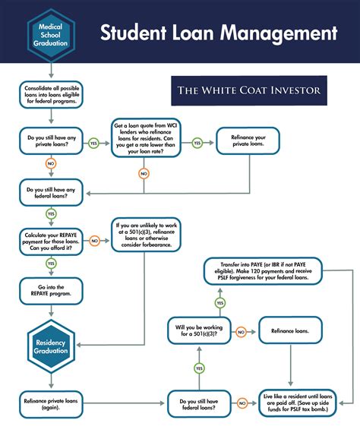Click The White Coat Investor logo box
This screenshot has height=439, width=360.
(248, 90)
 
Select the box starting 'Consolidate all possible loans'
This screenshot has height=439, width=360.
(50, 95)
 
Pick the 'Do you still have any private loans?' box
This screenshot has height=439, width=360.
(50, 142)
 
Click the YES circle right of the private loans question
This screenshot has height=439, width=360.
(94, 143)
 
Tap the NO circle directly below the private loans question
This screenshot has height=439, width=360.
(50, 163)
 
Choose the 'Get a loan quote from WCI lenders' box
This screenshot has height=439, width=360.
(146, 137)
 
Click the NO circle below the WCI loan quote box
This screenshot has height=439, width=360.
(144, 173)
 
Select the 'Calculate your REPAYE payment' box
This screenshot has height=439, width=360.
(50, 241)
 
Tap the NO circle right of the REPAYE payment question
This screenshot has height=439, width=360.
(94, 241)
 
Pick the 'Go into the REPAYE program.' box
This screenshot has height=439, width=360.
(50, 290)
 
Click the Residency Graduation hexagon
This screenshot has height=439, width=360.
(50, 347)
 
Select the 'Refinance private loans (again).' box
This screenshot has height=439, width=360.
(50, 403)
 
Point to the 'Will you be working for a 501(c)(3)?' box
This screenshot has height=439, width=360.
(198, 332)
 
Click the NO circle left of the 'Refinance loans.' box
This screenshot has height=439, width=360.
(241, 332)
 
